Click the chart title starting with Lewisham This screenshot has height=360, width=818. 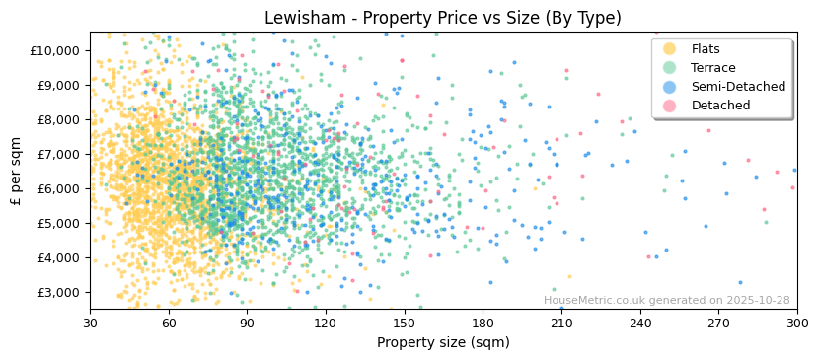(x=443, y=18)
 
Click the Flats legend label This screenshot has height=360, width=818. (x=706, y=49)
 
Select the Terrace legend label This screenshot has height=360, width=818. (x=712, y=68)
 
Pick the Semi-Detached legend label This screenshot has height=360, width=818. (x=738, y=87)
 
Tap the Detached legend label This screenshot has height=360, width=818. (x=720, y=106)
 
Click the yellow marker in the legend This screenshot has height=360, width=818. (x=669, y=49)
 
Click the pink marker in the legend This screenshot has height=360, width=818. (x=669, y=106)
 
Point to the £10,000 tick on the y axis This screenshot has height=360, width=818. (x=55, y=50)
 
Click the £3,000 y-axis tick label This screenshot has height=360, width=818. (x=58, y=292)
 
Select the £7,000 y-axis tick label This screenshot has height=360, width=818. (x=58, y=154)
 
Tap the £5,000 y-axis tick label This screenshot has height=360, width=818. (x=58, y=223)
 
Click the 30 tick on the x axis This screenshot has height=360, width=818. (x=90, y=324)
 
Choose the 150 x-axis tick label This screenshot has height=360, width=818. (x=404, y=324)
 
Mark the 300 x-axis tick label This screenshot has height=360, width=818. (x=796, y=324)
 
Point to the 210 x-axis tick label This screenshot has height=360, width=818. (x=560, y=324)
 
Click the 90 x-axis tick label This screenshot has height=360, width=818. (x=247, y=324)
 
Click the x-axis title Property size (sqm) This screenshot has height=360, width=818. (x=443, y=343)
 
